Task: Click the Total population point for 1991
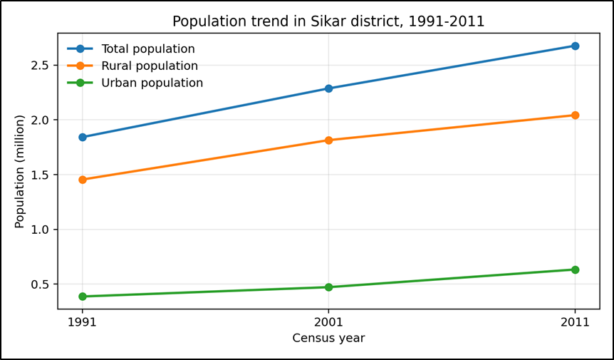[x=83, y=137]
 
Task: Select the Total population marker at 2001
[x=328, y=88]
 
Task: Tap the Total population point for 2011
[x=575, y=46]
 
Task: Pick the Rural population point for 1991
[x=83, y=180]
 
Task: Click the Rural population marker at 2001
[x=328, y=140]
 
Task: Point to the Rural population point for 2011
[x=575, y=115]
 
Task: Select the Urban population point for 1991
[x=83, y=297]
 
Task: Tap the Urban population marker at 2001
[x=328, y=287]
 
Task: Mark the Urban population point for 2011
[x=575, y=269]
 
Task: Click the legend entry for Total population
[x=147, y=49]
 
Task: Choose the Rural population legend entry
[x=150, y=66]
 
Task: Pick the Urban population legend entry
[x=152, y=83]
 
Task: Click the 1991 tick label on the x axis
[x=83, y=322]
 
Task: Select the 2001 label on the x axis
[x=328, y=322]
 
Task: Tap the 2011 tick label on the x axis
[x=575, y=322]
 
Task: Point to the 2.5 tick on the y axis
[x=41, y=65]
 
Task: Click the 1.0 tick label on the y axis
[x=41, y=230]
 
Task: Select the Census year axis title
[x=328, y=338]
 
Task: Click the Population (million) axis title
[x=20, y=171]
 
